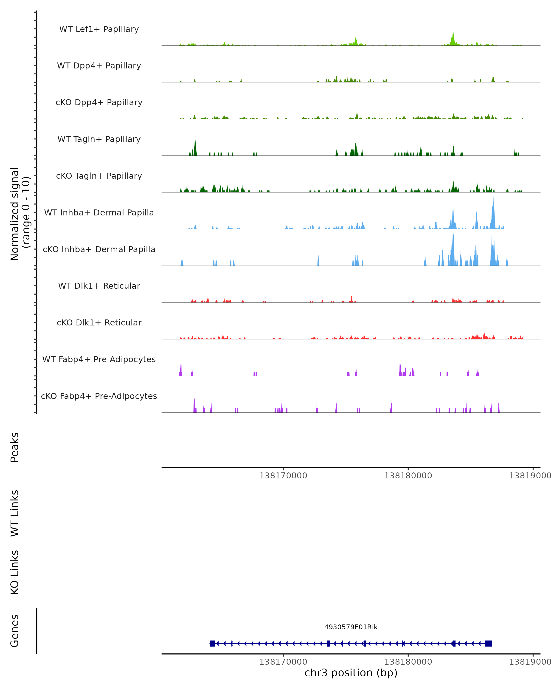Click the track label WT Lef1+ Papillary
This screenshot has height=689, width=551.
click(99, 29)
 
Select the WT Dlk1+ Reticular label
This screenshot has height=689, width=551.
click(99, 286)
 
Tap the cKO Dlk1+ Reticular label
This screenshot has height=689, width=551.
click(99, 322)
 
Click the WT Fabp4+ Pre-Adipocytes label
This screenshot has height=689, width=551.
click(99, 359)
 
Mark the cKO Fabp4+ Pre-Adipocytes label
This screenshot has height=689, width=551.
click(99, 396)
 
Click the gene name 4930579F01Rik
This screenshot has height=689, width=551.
click(351, 627)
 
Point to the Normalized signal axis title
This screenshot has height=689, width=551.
click(20, 214)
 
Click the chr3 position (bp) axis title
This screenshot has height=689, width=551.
click(351, 673)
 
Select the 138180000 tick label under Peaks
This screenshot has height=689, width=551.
click(408, 476)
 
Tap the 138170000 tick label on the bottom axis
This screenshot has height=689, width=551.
click(283, 662)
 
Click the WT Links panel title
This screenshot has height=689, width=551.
click(15, 513)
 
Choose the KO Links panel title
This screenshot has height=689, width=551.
click(15, 572)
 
